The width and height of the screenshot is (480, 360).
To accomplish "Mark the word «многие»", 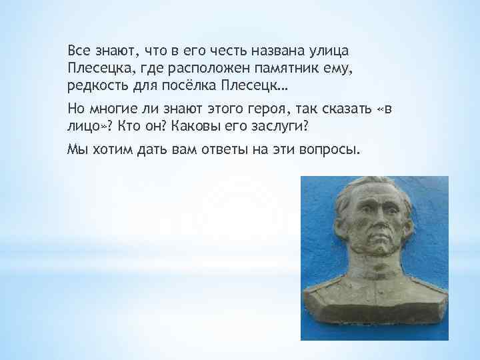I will click(x=118, y=109).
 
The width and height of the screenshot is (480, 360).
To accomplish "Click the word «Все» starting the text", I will click(x=79, y=51).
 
